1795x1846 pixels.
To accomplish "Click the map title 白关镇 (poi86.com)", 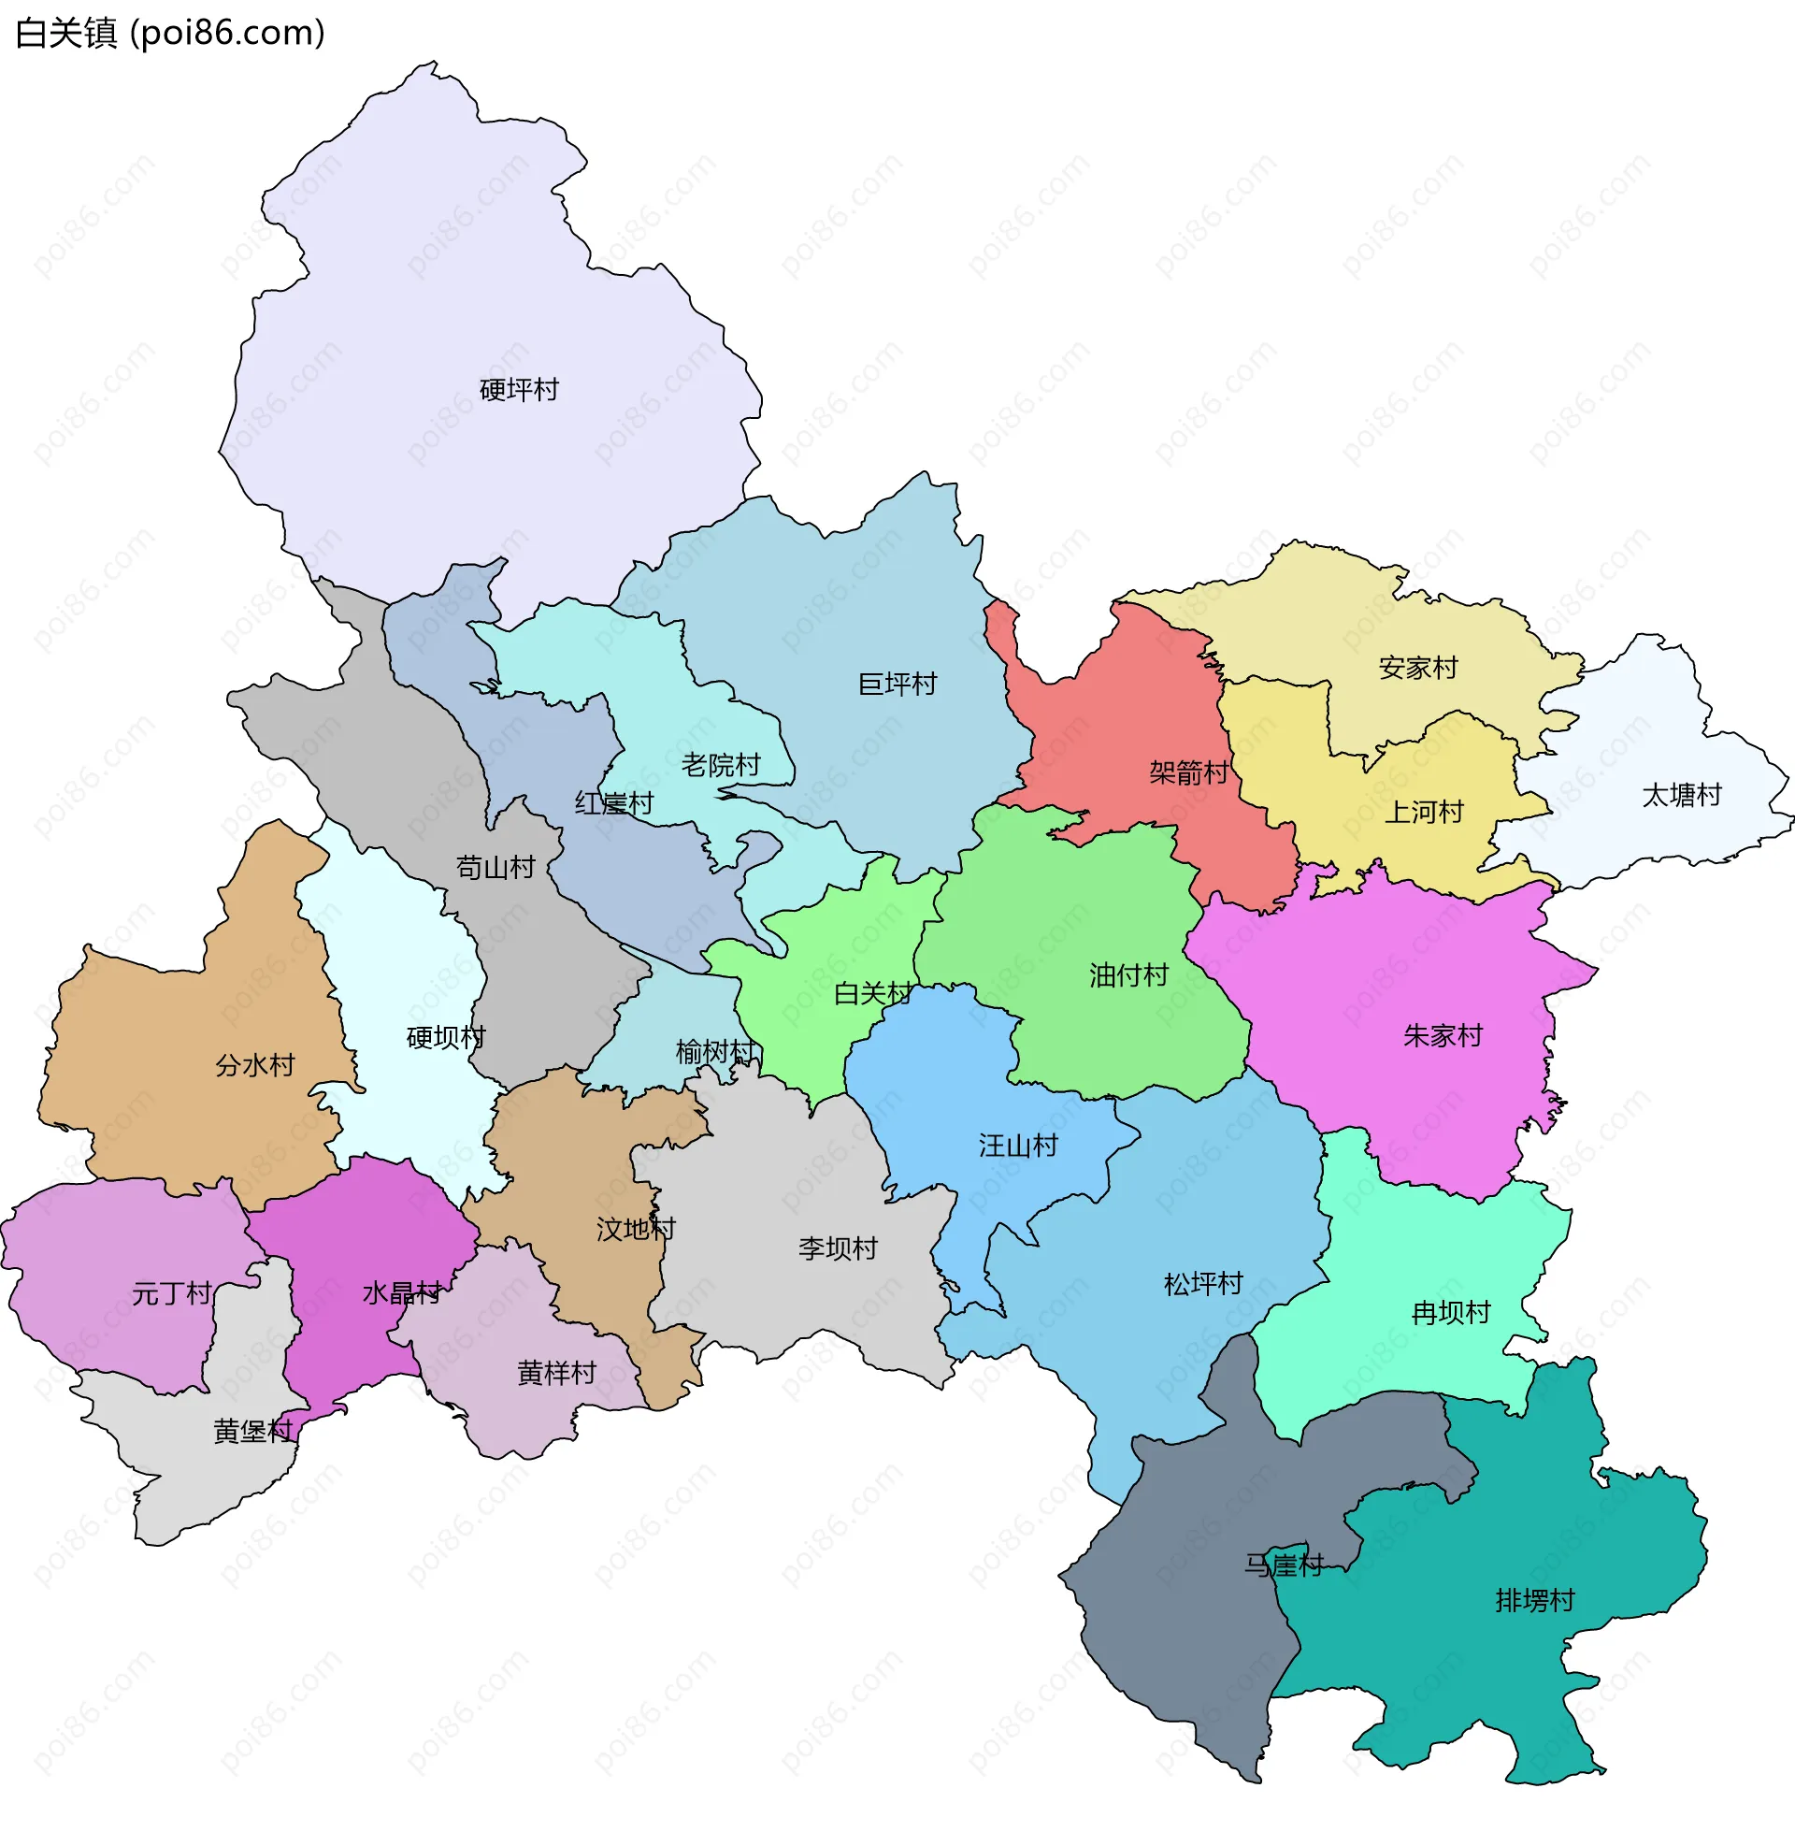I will pos(171,33).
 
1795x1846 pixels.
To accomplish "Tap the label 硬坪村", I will pos(520,389).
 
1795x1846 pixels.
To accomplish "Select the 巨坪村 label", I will pos(897,684).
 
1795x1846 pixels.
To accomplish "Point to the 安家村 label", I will pos(1418,668).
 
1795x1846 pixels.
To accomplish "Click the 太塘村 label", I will pos(1682,795).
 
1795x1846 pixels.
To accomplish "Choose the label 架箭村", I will pos(1189,772).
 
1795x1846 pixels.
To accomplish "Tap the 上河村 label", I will pos(1424,811).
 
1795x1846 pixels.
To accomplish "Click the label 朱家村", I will pos(1443,1035).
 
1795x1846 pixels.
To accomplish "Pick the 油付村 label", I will pos(1128,973).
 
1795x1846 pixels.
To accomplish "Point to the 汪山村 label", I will pos(1018,1146).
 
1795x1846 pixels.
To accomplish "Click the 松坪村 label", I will pos(1203,1283).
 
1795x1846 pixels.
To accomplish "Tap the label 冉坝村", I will pos(1451,1312).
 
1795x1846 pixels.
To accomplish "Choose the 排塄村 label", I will pos(1535,1600).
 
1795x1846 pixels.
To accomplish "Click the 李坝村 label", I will pos(838,1248).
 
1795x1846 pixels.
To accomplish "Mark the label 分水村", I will pos(255,1065).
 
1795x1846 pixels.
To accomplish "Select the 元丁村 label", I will pos(172,1292).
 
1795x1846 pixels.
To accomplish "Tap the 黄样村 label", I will pos(557,1373).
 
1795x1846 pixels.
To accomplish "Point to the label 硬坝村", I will pos(446,1037).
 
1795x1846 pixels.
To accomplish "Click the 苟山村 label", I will pos(495,867).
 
